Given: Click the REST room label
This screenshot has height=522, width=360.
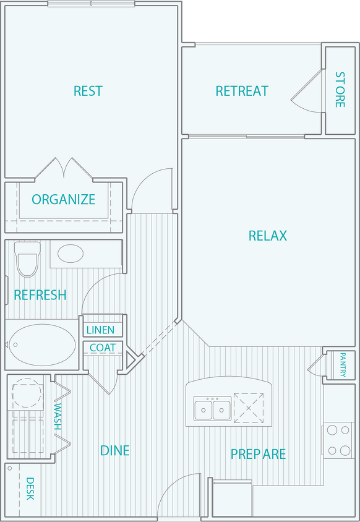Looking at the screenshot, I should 88,91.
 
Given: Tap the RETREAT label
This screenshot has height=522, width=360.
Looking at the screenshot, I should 242,91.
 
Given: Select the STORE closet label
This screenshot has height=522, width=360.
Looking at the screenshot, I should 340,90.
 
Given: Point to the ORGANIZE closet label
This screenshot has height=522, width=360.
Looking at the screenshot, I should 64,200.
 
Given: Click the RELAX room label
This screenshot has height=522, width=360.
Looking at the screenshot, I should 268,236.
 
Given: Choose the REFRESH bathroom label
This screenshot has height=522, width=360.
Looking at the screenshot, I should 40,295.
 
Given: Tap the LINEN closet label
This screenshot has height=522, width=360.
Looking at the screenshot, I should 100,330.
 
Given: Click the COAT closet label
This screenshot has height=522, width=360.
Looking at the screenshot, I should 103,348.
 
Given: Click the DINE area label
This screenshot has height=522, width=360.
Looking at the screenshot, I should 115,450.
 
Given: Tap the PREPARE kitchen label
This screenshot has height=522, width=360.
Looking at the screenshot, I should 258,454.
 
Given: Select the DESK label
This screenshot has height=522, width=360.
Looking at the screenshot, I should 30,489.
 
